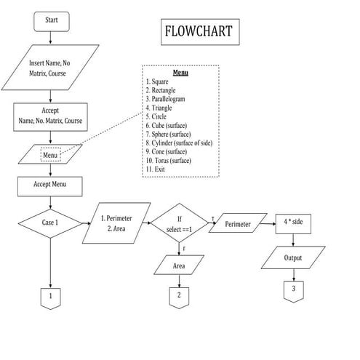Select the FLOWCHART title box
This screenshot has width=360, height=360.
point(198,33)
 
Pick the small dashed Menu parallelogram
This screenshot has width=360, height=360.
point(50,155)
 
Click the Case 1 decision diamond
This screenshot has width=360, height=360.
point(50,222)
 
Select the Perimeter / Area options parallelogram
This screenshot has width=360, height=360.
point(116,223)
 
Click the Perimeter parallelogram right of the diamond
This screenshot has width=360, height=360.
point(238,225)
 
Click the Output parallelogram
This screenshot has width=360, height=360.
point(294,257)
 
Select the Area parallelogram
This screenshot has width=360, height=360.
point(178,266)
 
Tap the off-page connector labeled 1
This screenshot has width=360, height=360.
point(50,297)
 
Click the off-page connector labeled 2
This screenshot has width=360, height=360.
point(178,295)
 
